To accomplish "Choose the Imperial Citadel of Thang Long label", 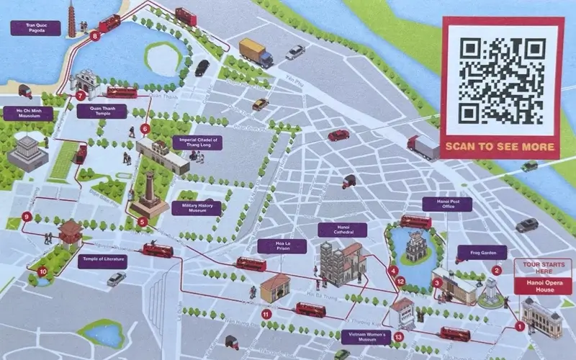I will [197, 143].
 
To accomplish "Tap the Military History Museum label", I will [197, 208].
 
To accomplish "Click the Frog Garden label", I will [482, 253].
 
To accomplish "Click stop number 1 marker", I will [520, 327].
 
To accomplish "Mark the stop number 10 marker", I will [43, 271].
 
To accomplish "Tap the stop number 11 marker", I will [266, 314].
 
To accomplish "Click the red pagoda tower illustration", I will [72, 17].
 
